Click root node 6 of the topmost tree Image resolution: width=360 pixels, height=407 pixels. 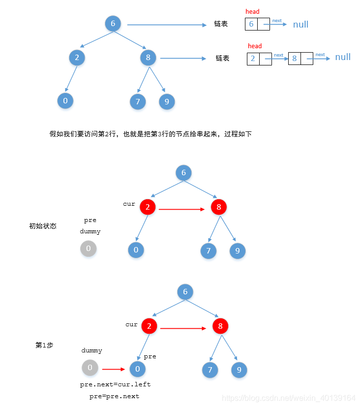pos(113,24)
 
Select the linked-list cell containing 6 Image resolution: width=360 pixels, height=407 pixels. pos(251,24)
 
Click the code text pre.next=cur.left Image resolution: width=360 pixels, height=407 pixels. pos(115,384)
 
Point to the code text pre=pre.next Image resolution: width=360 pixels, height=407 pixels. pos(114,396)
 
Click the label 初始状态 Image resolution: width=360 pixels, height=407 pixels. pos(43,226)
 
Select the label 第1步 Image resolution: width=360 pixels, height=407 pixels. pos(44,345)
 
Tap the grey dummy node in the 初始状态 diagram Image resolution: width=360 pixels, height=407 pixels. pos(89,249)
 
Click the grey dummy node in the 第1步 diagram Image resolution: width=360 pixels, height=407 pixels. pos(90,368)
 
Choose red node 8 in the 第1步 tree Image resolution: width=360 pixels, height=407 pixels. pos(220,326)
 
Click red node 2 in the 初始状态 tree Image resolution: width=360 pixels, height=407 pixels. pos(148,207)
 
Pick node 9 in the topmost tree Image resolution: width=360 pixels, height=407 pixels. pos(167,102)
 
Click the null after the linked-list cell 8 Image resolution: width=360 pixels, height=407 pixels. pos(343,57)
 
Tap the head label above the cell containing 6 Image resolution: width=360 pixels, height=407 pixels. pos(252,11)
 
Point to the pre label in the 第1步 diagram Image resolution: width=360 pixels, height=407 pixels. pos(150,356)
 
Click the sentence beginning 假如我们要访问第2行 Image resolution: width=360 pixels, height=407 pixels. pos(150,134)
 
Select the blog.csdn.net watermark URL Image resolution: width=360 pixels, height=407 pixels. pos(289,398)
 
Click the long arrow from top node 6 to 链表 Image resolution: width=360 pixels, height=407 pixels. pos(167,25)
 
